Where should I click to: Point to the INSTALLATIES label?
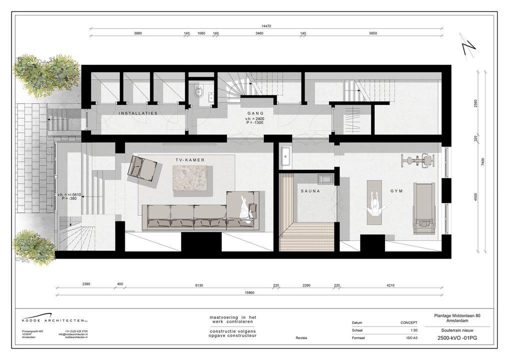point(138,114)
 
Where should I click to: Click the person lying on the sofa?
point(244,208)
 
